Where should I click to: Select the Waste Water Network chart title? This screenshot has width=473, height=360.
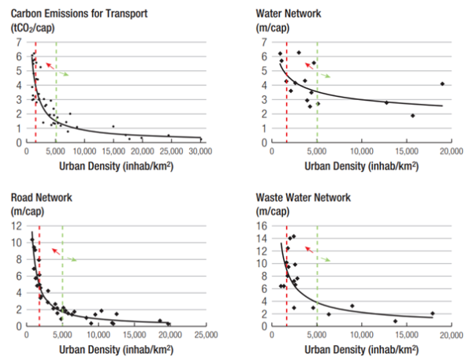tap(307, 197)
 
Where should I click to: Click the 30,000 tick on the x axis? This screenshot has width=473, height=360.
tap(202, 151)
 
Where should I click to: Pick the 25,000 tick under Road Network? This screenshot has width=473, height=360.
tap(206, 335)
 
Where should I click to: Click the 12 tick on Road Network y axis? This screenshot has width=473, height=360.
tap(17, 225)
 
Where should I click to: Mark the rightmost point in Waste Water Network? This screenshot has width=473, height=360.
tap(432, 313)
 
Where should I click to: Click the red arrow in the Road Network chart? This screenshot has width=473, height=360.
tap(54, 251)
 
